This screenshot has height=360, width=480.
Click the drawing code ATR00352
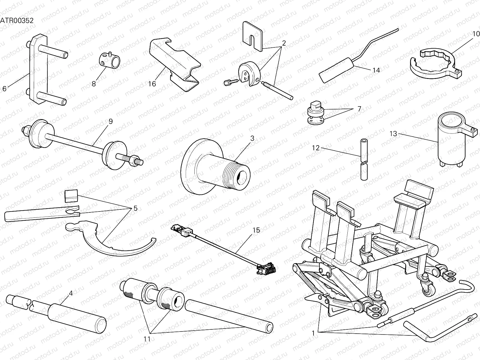pyautogui.click(x=16, y=20)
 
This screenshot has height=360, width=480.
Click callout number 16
pyautogui.click(x=152, y=84)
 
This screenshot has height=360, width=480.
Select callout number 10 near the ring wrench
pyautogui.click(x=476, y=34)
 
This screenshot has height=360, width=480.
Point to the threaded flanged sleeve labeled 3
pyautogui.click(x=216, y=166)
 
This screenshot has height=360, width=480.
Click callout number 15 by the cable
pyautogui.click(x=256, y=230)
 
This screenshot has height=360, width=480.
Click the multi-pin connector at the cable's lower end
pyautogui.click(x=265, y=268)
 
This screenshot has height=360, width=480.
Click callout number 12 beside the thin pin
pyautogui.click(x=316, y=148)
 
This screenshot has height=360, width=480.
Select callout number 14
pyautogui.click(x=376, y=70)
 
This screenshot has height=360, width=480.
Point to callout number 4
pyautogui.click(x=71, y=293)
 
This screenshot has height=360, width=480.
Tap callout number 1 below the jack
pyautogui.click(x=313, y=333)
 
